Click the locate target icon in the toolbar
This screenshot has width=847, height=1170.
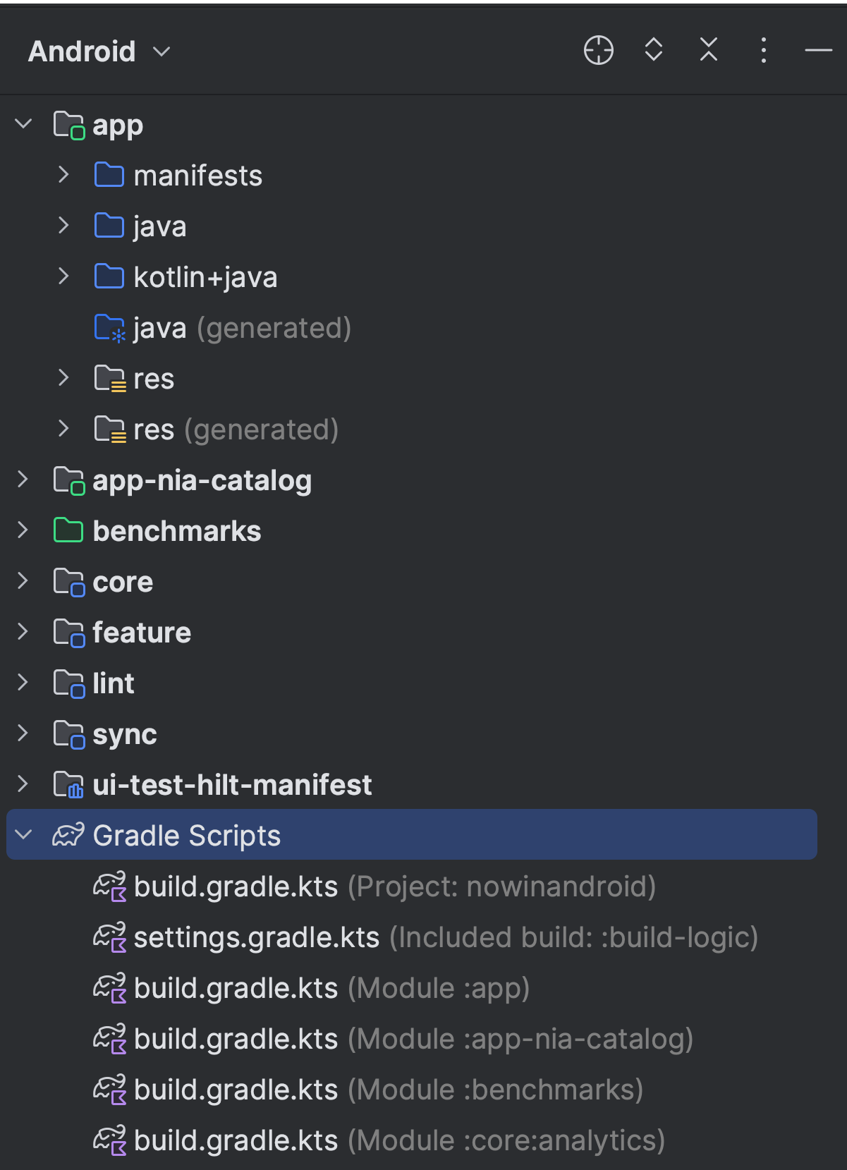click(599, 51)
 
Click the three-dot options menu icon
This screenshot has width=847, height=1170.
click(764, 51)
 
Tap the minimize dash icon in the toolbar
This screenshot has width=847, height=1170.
click(818, 51)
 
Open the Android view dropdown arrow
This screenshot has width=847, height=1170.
click(162, 51)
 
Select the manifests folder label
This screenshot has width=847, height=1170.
click(197, 176)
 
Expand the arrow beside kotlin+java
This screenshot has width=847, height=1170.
click(63, 276)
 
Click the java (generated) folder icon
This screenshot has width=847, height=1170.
click(110, 328)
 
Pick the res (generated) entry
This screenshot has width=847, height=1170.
click(236, 429)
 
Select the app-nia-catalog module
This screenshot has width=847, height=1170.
click(202, 480)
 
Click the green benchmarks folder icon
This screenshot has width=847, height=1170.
click(68, 530)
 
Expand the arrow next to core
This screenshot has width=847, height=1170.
click(23, 581)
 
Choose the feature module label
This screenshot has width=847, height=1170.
click(142, 633)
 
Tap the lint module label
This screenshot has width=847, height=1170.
click(114, 683)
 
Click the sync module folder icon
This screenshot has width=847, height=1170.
click(69, 734)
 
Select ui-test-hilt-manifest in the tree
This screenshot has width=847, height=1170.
click(232, 785)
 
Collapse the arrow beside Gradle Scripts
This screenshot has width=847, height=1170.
click(23, 835)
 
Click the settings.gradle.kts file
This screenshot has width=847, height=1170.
click(257, 937)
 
